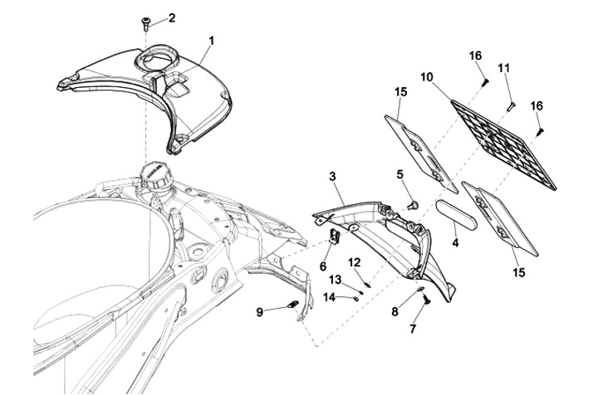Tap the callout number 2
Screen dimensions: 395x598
point(172,18)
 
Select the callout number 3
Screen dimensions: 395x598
point(332,177)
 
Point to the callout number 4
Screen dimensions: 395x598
point(454,244)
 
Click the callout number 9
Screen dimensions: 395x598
point(260,311)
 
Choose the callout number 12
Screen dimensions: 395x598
point(355,262)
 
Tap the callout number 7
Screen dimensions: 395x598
point(414,329)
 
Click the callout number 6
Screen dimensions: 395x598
point(323,266)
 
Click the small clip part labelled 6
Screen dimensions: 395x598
point(336,238)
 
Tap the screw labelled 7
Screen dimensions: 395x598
point(424,300)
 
